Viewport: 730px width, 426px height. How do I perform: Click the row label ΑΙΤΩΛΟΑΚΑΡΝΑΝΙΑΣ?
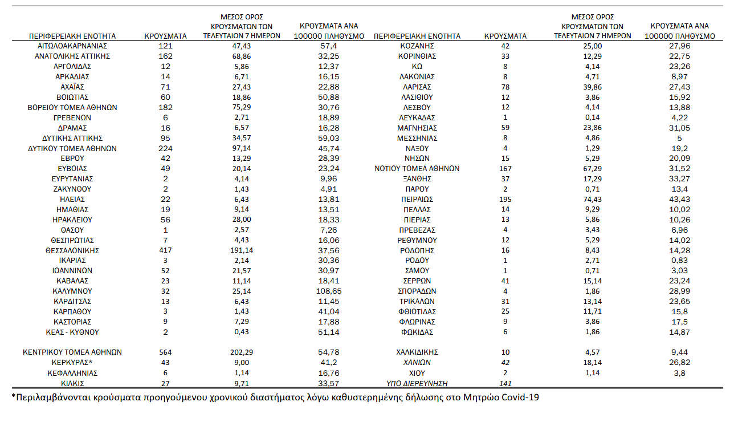[72, 46]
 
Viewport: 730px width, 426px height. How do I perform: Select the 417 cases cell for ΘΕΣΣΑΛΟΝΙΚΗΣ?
[166, 250]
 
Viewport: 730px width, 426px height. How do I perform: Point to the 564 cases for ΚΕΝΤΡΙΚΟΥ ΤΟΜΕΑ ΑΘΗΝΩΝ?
[166, 352]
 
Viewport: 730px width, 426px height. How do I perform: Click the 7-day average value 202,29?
[242, 352]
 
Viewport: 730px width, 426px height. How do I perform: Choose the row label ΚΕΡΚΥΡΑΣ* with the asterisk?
[72, 363]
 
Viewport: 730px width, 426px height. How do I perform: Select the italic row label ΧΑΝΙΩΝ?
[417, 363]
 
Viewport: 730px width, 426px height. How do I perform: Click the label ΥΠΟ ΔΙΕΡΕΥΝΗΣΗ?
[417, 383]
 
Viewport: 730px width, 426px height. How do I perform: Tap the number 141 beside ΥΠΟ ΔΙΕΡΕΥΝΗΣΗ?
[505, 383]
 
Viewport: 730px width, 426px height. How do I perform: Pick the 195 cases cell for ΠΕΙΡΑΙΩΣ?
[505, 199]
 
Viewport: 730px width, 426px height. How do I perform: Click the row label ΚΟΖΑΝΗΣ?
[417, 46]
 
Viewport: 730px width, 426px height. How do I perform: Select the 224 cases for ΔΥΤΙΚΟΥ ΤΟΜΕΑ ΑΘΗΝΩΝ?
[166, 148]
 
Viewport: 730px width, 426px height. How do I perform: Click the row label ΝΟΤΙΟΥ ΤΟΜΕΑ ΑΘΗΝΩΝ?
[417, 169]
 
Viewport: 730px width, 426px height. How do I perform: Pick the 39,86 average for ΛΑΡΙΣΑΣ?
[593, 87]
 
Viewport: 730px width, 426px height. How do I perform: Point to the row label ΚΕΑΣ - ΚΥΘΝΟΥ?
[72, 332]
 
